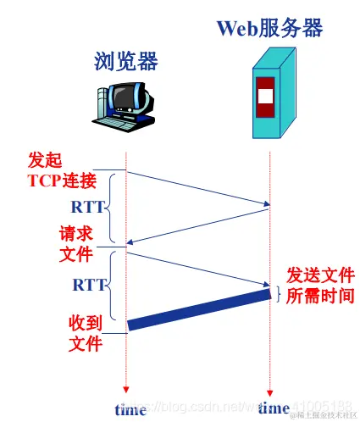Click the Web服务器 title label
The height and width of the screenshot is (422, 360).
pyautogui.click(x=269, y=27)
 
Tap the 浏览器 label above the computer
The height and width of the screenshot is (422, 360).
pyautogui.click(x=126, y=61)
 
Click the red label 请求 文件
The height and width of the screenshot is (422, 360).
pyautogui.click(x=76, y=242)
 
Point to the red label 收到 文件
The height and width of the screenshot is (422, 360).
pyautogui.click(x=86, y=333)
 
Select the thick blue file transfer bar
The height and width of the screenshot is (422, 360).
pyautogui.click(x=198, y=308)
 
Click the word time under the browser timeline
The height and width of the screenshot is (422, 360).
pyautogui.click(x=130, y=410)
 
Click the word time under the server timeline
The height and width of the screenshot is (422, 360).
pyautogui.click(x=274, y=408)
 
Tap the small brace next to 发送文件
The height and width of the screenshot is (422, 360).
pyautogui.click(x=277, y=292)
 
